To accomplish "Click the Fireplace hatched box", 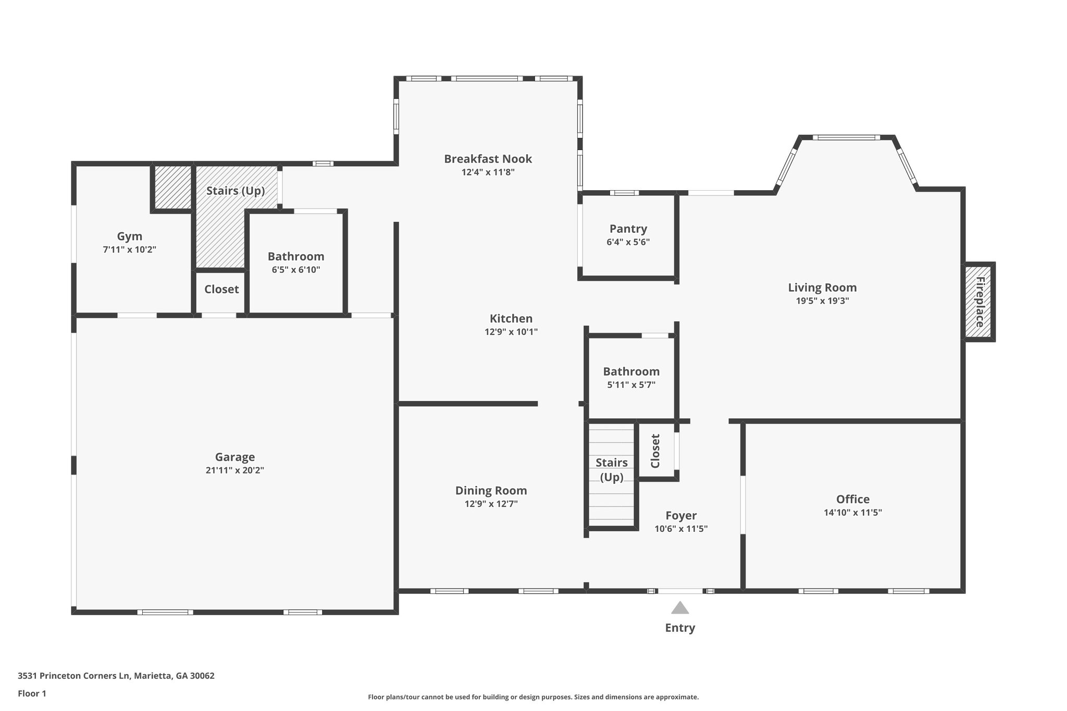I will (979, 302).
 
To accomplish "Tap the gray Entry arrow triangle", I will (680, 608).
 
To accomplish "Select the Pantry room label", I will (628, 229).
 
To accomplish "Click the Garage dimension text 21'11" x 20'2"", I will (235, 470).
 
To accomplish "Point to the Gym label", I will (130, 236).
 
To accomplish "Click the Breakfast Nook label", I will (488, 159).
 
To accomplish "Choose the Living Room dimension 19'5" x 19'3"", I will (822, 301).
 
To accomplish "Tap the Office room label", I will (852, 499).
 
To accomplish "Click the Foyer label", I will (681, 515).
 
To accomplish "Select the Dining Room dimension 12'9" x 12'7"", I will (491, 504).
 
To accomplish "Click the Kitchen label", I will (511, 318).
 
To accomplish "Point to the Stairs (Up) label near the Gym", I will (235, 191).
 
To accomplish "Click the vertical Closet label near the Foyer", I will (655, 451).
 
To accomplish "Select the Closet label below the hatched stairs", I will (221, 289).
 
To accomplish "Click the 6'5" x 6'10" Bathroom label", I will (296, 256).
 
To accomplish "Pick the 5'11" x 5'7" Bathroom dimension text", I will (631, 385).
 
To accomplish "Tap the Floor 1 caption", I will (32, 693).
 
